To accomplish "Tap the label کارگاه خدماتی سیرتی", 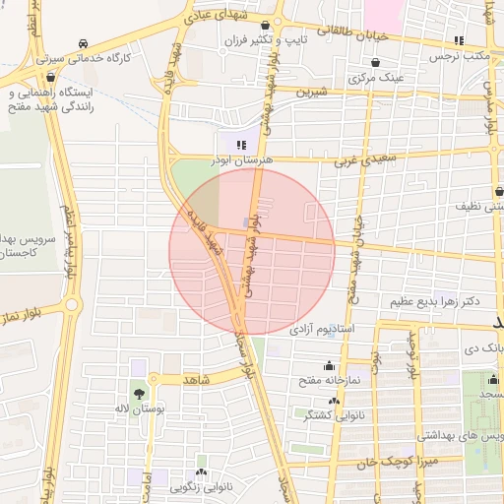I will click(x=87, y=59).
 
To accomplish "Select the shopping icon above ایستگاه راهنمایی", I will click(x=52, y=77).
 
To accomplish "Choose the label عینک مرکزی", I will click(x=379, y=76).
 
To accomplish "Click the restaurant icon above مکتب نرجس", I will click(x=459, y=40).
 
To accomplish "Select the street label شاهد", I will click(x=198, y=378).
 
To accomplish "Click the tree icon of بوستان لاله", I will click(x=137, y=393).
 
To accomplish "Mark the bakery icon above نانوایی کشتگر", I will click(x=334, y=402).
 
